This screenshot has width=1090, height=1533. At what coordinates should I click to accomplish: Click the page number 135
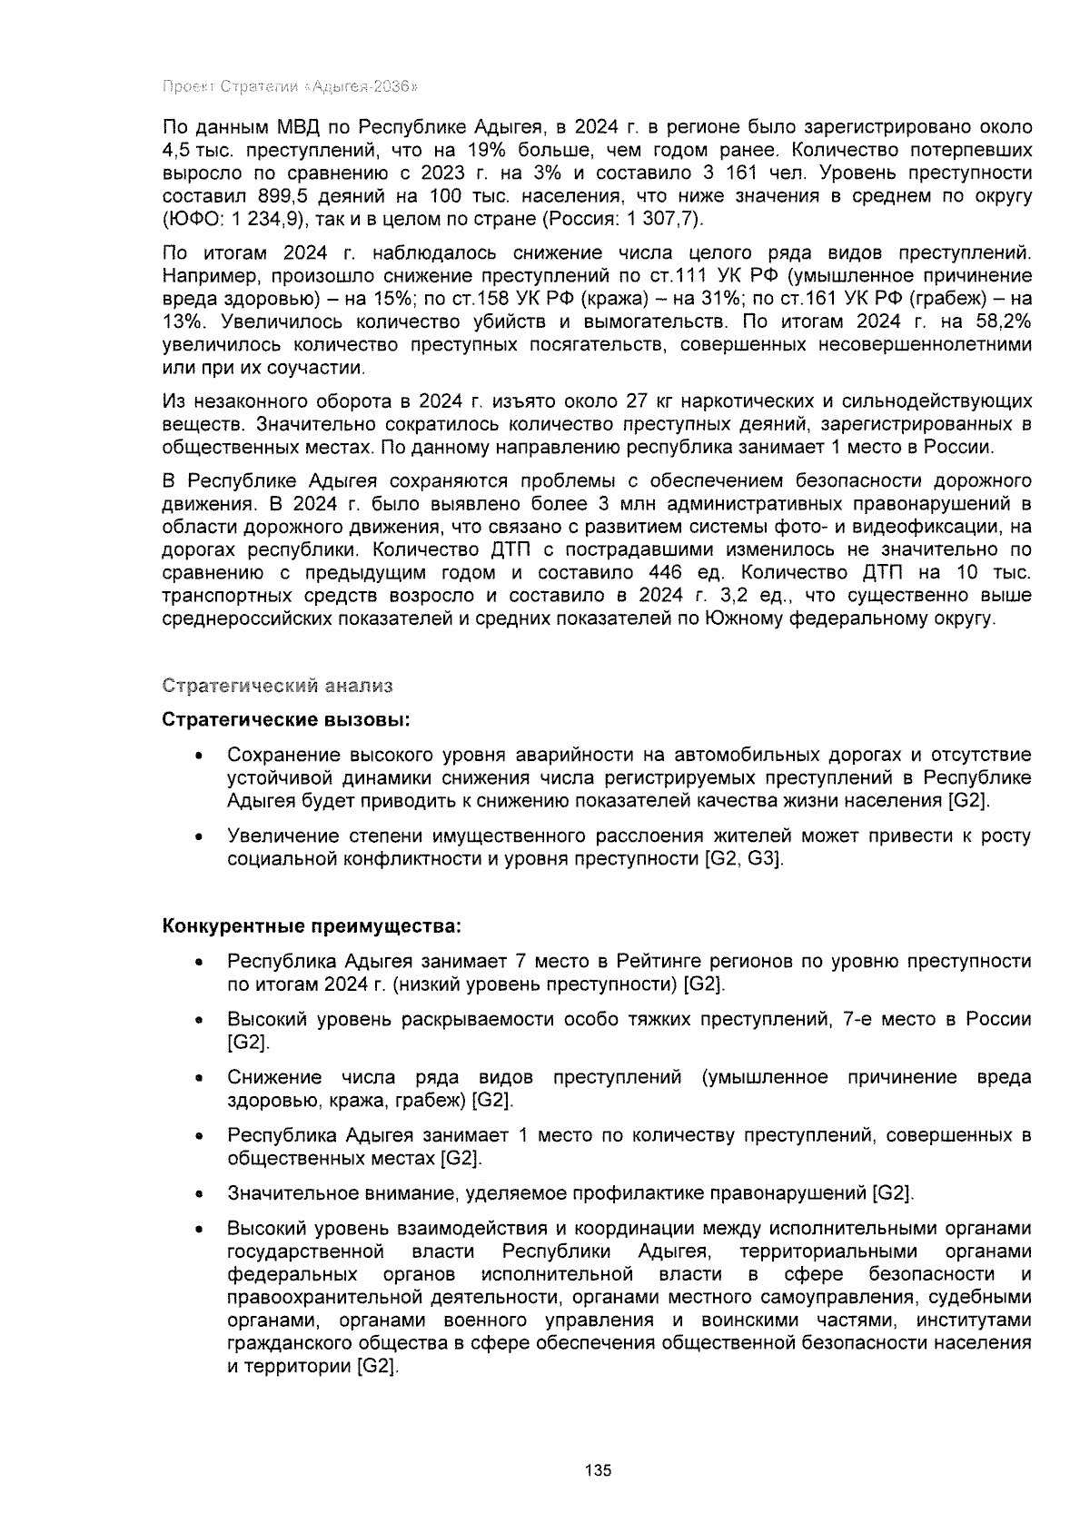[x=599, y=1470]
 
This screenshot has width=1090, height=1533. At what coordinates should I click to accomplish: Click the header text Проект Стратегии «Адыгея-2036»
[x=289, y=87]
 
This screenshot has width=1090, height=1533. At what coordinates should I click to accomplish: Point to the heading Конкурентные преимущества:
[x=312, y=926]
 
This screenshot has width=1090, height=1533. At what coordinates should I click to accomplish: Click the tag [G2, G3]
[x=743, y=859]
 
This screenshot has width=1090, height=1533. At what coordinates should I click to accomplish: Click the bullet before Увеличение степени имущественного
[x=198, y=836]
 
